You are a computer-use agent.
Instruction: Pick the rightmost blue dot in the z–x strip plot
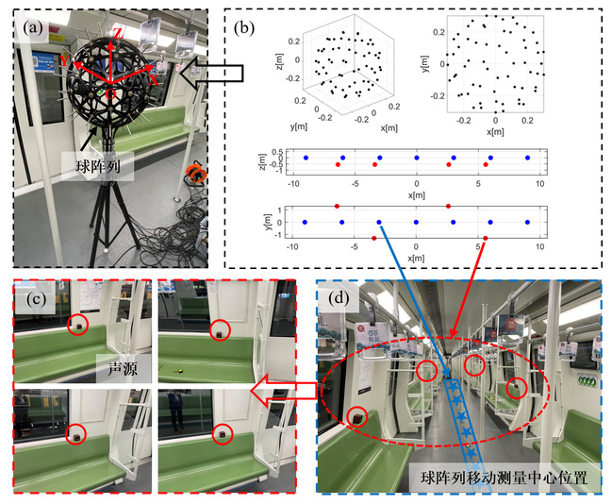coord(527,157)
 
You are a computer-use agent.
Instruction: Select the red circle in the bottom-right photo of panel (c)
coord(223,433)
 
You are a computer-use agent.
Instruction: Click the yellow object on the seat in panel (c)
coord(176,371)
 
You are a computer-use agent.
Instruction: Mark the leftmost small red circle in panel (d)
coord(357,416)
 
